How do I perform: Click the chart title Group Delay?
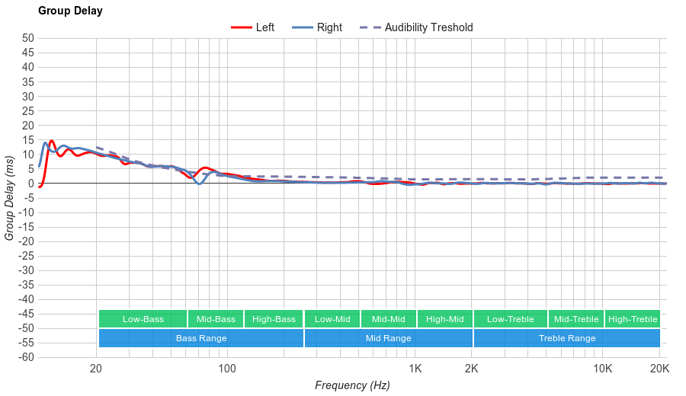point(70,11)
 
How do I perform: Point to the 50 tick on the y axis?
point(28,38)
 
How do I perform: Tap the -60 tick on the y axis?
point(26,357)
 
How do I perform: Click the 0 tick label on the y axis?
point(31,184)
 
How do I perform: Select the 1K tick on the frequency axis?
point(415,369)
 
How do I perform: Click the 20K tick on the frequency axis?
point(659,369)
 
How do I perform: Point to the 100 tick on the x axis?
point(227,369)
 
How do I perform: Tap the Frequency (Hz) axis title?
point(352,385)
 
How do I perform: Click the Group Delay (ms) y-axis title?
point(10,198)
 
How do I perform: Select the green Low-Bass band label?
point(143,319)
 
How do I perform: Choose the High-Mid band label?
point(444,319)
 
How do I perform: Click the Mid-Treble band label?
point(576,319)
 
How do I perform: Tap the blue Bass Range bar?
point(201,338)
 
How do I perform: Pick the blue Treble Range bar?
point(567,338)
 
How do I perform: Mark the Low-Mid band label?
point(332,319)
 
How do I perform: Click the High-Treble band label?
point(633,319)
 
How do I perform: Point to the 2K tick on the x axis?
point(472,369)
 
